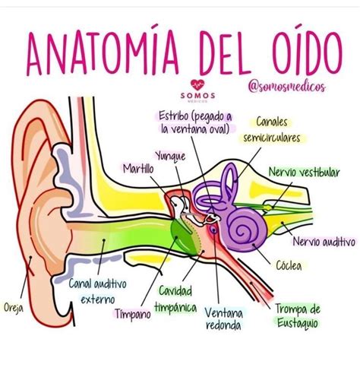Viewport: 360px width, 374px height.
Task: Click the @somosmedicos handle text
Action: (287, 87)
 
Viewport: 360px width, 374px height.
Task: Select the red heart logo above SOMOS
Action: (197, 85)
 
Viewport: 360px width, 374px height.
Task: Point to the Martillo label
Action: (138, 169)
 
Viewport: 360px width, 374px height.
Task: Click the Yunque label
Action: (170, 156)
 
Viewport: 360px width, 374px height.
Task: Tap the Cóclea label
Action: (289, 265)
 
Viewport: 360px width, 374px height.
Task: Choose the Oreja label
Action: (14, 307)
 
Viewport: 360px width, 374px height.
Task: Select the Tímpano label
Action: (133, 314)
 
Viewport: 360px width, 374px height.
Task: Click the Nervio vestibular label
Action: (304, 173)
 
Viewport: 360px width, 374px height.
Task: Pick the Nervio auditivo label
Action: (324, 242)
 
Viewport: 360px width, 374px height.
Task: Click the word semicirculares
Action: (271, 138)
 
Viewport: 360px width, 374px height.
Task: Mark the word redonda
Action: (223, 325)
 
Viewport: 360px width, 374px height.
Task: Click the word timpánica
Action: (175, 308)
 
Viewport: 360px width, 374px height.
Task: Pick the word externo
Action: (98, 300)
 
